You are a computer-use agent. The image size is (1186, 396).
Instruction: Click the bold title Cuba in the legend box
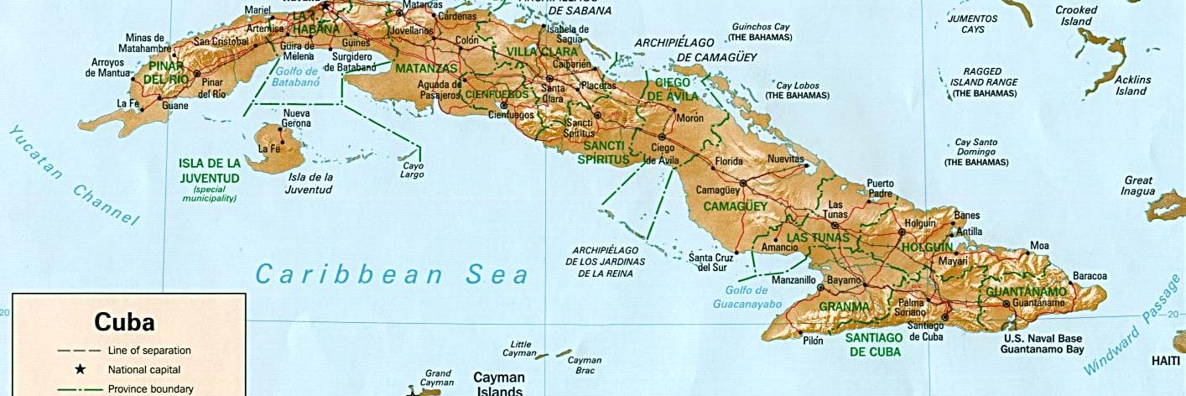tap(124, 323)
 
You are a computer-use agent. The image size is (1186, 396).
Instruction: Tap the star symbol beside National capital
tap(81, 369)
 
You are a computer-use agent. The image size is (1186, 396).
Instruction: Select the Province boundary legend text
tap(151, 389)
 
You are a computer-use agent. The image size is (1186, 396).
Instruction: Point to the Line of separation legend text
tap(149, 350)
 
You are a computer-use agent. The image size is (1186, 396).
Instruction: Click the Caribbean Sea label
tap(393, 274)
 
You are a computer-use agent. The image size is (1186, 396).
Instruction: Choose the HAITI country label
tap(1165, 361)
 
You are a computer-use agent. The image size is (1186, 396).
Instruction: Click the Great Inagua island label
tap(1138, 186)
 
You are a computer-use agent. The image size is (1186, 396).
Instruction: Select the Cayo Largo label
tap(413, 170)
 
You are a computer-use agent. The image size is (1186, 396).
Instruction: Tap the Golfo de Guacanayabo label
tap(747, 297)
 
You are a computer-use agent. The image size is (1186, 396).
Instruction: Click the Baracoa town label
tap(1089, 276)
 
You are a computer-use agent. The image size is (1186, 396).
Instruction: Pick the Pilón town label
tap(813, 341)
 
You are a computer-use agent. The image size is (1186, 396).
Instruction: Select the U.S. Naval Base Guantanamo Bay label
tap(1044, 344)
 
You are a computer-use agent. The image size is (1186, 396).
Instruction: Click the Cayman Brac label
tap(585, 365)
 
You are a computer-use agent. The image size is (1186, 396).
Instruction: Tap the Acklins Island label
tap(1131, 85)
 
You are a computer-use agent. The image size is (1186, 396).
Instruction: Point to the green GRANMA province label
tap(844, 307)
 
